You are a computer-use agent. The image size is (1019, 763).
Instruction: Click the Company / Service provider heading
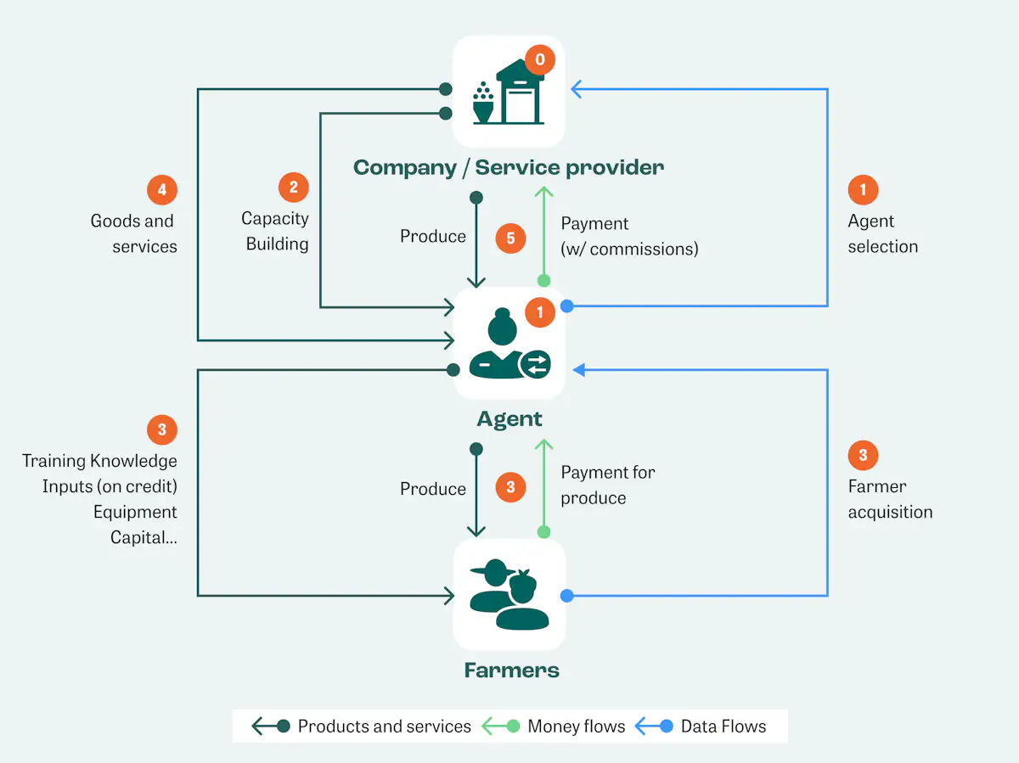pyautogui.click(x=509, y=167)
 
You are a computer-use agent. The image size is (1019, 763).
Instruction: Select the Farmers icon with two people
pyautogui.click(x=509, y=595)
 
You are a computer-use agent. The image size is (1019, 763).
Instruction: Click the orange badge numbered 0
pyautogui.click(x=539, y=60)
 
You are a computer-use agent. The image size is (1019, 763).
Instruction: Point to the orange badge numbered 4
pyautogui.click(x=162, y=189)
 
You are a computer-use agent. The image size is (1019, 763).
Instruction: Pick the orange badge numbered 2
pyautogui.click(x=293, y=187)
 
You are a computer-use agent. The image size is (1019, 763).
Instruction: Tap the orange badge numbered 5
pyautogui.click(x=510, y=238)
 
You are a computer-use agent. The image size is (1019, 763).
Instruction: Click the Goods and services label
pyautogui.click(x=134, y=233)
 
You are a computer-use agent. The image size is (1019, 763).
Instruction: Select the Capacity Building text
pyautogui.click(x=275, y=231)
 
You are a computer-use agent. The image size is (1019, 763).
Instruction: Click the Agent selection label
pyautogui.click(x=882, y=233)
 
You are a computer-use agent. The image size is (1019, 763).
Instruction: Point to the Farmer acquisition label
pyautogui.click(x=890, y=499)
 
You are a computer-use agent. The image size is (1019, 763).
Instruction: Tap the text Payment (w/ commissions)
pyautogui.click(x=628, y=236)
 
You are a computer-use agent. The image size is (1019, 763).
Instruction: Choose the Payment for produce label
pyautogui.click(x=607, y=485)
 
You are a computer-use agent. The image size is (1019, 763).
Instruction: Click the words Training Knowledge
pyautogui.click(x=99, y=461)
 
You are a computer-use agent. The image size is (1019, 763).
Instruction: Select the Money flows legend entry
pyautogui.click(x=576, y=727)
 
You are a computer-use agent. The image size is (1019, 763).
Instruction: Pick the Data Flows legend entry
pyautogui.click(x=723, y=727)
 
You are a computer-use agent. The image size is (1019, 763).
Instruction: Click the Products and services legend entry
pyautogui.click(x=384, y=727)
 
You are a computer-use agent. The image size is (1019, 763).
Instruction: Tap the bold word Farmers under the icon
pyautogui.click(x=511, y=670)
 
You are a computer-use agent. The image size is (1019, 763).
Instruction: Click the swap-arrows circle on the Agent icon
pyautogui.click(x=535, y=365)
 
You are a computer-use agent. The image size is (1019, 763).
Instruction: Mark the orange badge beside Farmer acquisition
pyautogui.click(x=863, y=456)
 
